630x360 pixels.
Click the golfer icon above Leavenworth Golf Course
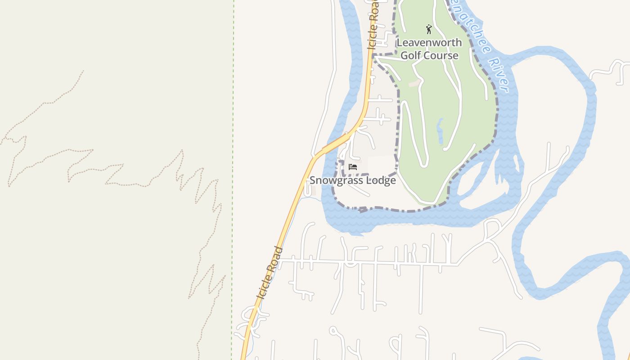click(429, 30)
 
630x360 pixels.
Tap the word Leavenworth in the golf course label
click(429, 43)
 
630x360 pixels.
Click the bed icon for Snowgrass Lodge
click(353, 167)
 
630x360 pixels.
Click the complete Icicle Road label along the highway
click(270, 273)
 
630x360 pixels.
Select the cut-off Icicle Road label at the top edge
click(373, 25)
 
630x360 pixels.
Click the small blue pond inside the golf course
click(440, 130)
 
